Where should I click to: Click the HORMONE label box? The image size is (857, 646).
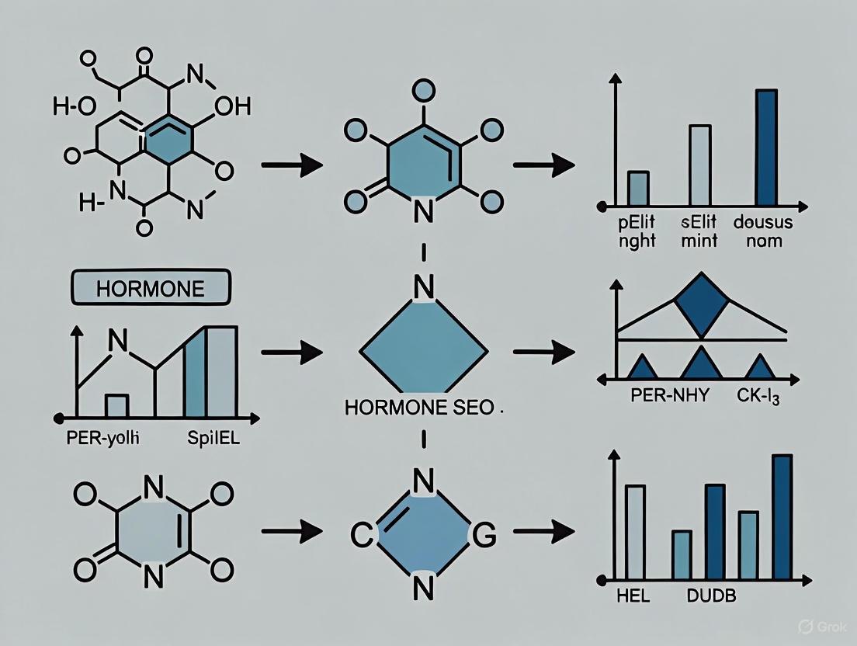click(151, 289)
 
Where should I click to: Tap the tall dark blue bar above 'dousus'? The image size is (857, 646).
click(765, 148)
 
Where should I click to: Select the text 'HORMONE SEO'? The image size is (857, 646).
click(419, 408)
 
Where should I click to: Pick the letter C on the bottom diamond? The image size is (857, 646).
click(359, 533)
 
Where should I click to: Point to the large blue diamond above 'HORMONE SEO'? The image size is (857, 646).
click(424, 351)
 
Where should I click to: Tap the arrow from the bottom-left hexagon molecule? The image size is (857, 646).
click(291, 532)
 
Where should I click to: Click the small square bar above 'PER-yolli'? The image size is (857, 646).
click(116, 405)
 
